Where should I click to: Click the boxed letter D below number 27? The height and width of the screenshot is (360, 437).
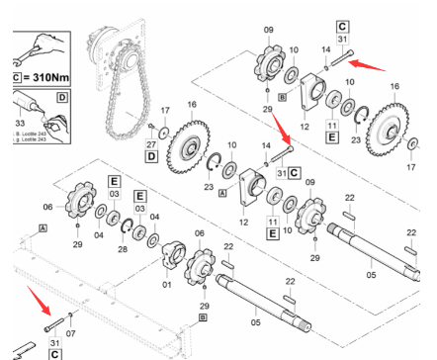(152, 156)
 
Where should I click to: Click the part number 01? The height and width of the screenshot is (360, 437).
(165, 285)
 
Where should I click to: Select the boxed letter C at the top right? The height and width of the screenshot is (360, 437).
(342, 25)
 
